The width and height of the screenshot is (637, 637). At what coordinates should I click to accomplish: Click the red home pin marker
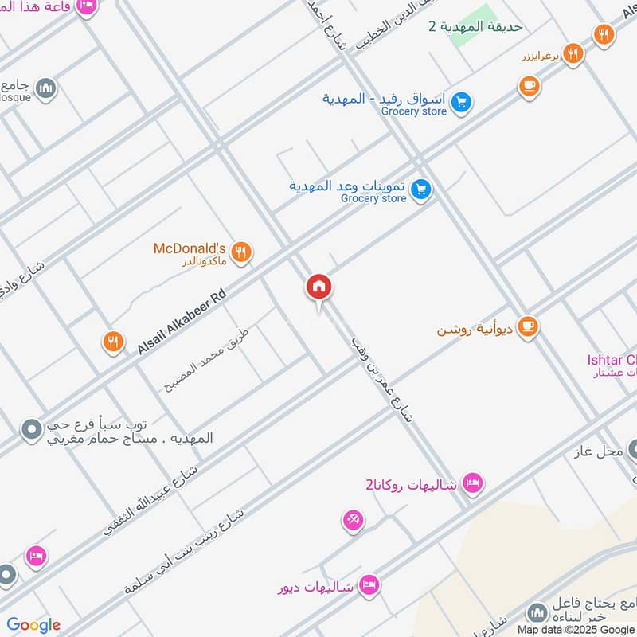(x=318, y=287)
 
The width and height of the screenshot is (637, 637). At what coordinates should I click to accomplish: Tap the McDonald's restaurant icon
(x=243, y=252)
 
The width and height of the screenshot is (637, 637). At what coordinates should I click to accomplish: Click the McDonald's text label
(x=190, y=248)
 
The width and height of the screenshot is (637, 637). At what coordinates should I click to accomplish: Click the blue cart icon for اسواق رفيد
(x=460, y=102)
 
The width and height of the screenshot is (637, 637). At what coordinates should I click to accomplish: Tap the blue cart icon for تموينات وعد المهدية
(x=422, y=190)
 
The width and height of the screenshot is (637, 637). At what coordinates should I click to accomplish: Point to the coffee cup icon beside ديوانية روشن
(x=527, y=326)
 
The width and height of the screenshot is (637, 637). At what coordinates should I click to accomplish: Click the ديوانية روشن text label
(x=475, y=329)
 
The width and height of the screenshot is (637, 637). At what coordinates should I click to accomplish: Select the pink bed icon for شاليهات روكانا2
(x=473, y=483)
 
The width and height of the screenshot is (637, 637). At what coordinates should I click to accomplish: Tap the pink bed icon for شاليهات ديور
(x=367, y=586)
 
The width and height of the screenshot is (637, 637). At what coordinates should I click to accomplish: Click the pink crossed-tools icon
(x=353, y=521)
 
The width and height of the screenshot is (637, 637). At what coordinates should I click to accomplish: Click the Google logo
(x=33, y=625)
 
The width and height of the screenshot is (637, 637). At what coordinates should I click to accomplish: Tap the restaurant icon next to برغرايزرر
(x=573, y=54)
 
